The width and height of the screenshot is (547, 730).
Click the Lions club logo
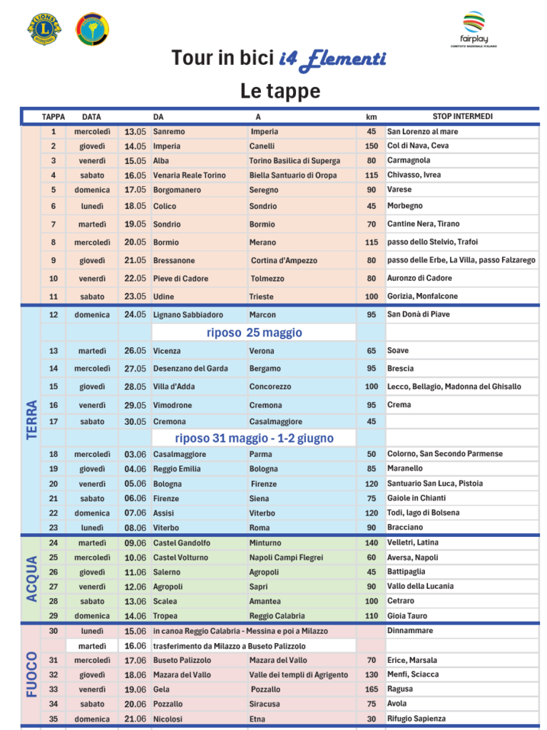[x=44, y=28]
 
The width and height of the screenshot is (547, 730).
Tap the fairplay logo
[x=474, y=29]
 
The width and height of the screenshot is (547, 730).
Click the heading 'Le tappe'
[x=280, y=91]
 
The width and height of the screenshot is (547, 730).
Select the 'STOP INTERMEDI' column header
[x=462, y=116]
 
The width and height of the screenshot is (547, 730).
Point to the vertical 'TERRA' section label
[x=32, y=419]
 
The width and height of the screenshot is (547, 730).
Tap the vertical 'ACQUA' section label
[x=32, y=578]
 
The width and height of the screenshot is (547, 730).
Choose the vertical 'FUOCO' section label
[x=32, y=674]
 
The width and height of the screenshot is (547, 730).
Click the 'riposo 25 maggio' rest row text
[x=254, y=333]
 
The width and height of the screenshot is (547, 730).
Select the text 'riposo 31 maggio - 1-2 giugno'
[x=254, y=438]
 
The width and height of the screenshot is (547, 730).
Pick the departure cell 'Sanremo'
[x=169, y=132]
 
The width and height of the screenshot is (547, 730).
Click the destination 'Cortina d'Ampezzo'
[x=284, y=260]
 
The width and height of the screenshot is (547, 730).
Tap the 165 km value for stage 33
[x=371, y=689]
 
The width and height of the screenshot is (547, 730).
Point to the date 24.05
[x=136, y=314]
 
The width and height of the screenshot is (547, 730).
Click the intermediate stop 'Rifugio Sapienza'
[x=416, y=719]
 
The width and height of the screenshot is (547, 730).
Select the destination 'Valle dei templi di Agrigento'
[x=299, y=674]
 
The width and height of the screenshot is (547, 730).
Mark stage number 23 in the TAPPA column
[x=53, y=528]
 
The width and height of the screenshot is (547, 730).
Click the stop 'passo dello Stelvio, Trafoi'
[x=432, y=242]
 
